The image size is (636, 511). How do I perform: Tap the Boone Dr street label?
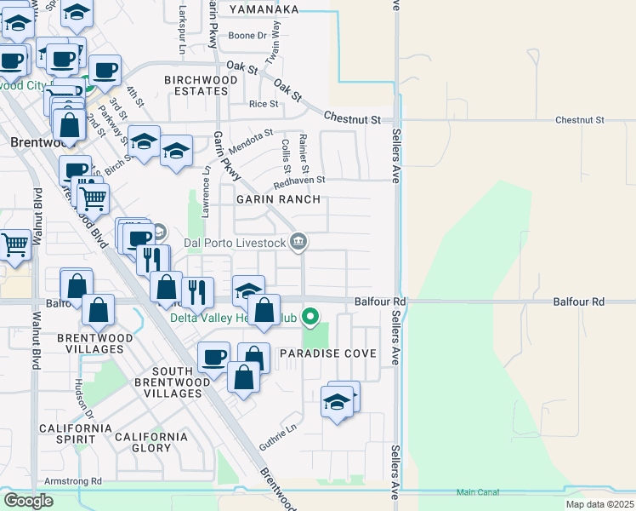(248, 36)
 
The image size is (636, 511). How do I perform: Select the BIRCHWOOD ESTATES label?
(201, 86)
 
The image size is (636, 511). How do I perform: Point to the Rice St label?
(264, 104)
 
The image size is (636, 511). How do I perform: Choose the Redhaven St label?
(299, 181)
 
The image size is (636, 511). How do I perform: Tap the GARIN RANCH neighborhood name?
(279, 199)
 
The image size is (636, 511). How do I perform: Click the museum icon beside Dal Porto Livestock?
(298, 243)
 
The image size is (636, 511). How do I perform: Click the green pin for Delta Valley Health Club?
(310, 318)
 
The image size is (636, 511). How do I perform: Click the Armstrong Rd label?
(73, 481)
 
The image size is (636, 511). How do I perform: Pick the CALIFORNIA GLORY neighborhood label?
(151, 442)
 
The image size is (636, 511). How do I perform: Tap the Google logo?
(28, 501)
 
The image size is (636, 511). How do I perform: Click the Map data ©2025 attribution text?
(601, 504)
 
